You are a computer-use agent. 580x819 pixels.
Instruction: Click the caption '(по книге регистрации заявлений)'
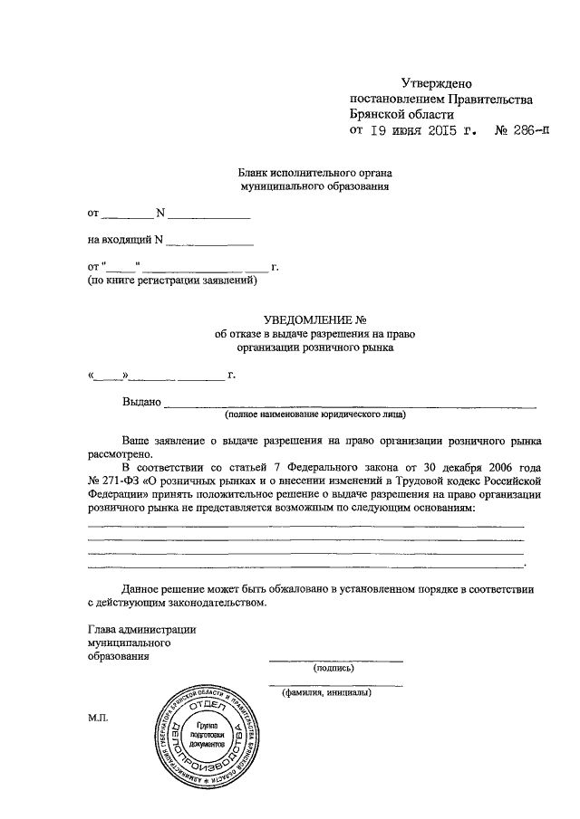point(172,281)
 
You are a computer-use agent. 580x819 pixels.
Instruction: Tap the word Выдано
point(141,401)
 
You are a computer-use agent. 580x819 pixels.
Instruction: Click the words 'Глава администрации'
point(142,629)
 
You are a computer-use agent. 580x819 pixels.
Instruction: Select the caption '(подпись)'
point(333,669)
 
